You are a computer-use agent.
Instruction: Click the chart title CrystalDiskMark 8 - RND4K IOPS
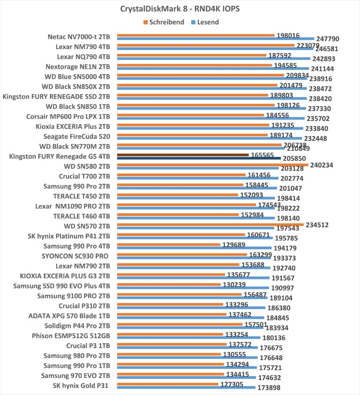pyautogui.click(x=180, y=9)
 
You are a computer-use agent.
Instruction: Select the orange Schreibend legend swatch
pyautogui.click(x=146, y=22)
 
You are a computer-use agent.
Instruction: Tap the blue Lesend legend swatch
pyautogui.click(x=193, y=22)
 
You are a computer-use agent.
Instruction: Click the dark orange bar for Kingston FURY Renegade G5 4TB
pyautogui.click(x=183, y=155)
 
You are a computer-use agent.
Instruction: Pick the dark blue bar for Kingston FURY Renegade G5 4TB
pyautogui.click(x=199, y=158)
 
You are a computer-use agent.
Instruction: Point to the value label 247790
pyautogui.click(x=328, y=39)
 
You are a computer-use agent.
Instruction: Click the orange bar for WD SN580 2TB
pyautogui.click(x=212, y=165)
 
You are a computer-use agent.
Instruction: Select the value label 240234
pyautogui.click(x=321, y=165)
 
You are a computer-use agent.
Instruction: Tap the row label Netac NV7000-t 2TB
pyautogui.click(x=79, y=37)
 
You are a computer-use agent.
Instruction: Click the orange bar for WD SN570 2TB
pyautogui.click(x=210, y=225)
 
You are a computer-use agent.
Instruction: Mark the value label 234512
pyautogui.click(x=317, y=225)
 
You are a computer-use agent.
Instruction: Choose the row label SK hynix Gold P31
pyautogui.click(x=81, y=386)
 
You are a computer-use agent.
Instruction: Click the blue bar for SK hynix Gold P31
pyautogui.click(x=186, y=387)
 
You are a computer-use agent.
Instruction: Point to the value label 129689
pyautogui.click(x=234, y=245)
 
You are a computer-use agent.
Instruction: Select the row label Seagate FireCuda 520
pyautogui.click(x=77, y=137)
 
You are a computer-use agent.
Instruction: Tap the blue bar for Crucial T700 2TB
pyautogui.click(x=198, y=178)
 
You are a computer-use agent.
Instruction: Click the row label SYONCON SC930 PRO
pyautogui.click(x=75, y=256)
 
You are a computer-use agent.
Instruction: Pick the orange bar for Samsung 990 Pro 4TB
pyautogui.click(x=169, y=245)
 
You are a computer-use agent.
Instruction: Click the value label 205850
pyautogui.click(x=294, y=159)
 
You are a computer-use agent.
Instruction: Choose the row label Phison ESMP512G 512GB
pyautogui.click(x=71, y=336)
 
